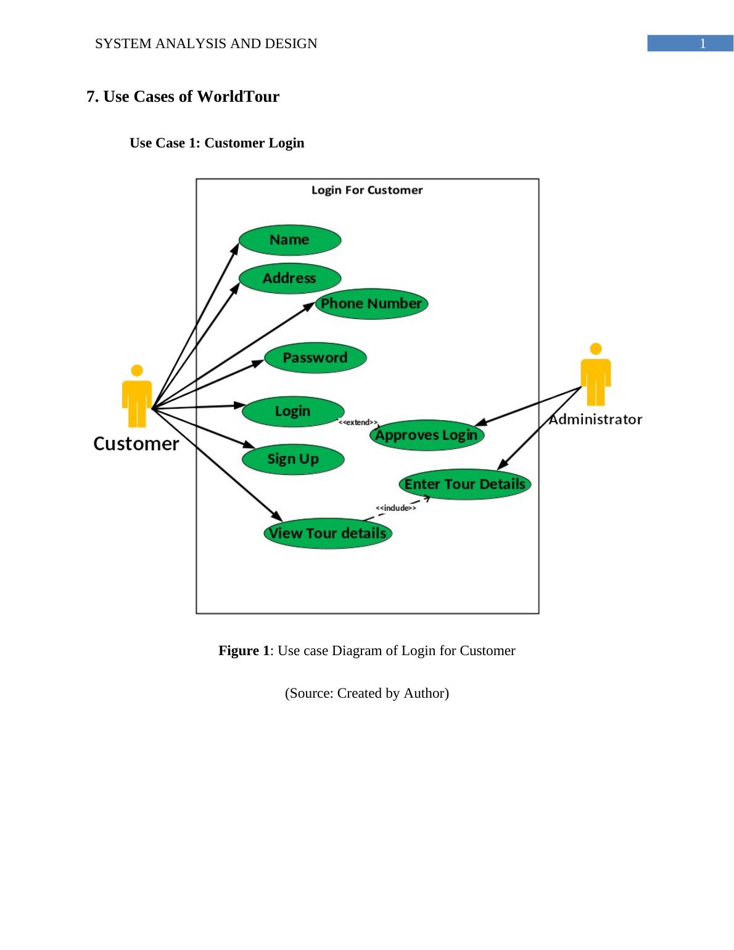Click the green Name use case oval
tap(289, 240)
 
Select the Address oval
tap(289, 278)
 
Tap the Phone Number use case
tap(371, 304)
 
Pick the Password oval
tap(315, 358)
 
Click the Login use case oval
tap(293, 411)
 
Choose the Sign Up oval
tap(293, 459)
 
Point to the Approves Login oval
tap(426, 435)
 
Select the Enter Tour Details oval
tap(464, 484)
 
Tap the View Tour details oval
tap(328, 533)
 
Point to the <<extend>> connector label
tap(358, 423)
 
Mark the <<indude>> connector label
tap(395, 508)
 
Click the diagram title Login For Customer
tap(367, 190)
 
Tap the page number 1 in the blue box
tap(702, 43)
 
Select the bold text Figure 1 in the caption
tap(244, 651)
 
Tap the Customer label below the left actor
tap(136, 444)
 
